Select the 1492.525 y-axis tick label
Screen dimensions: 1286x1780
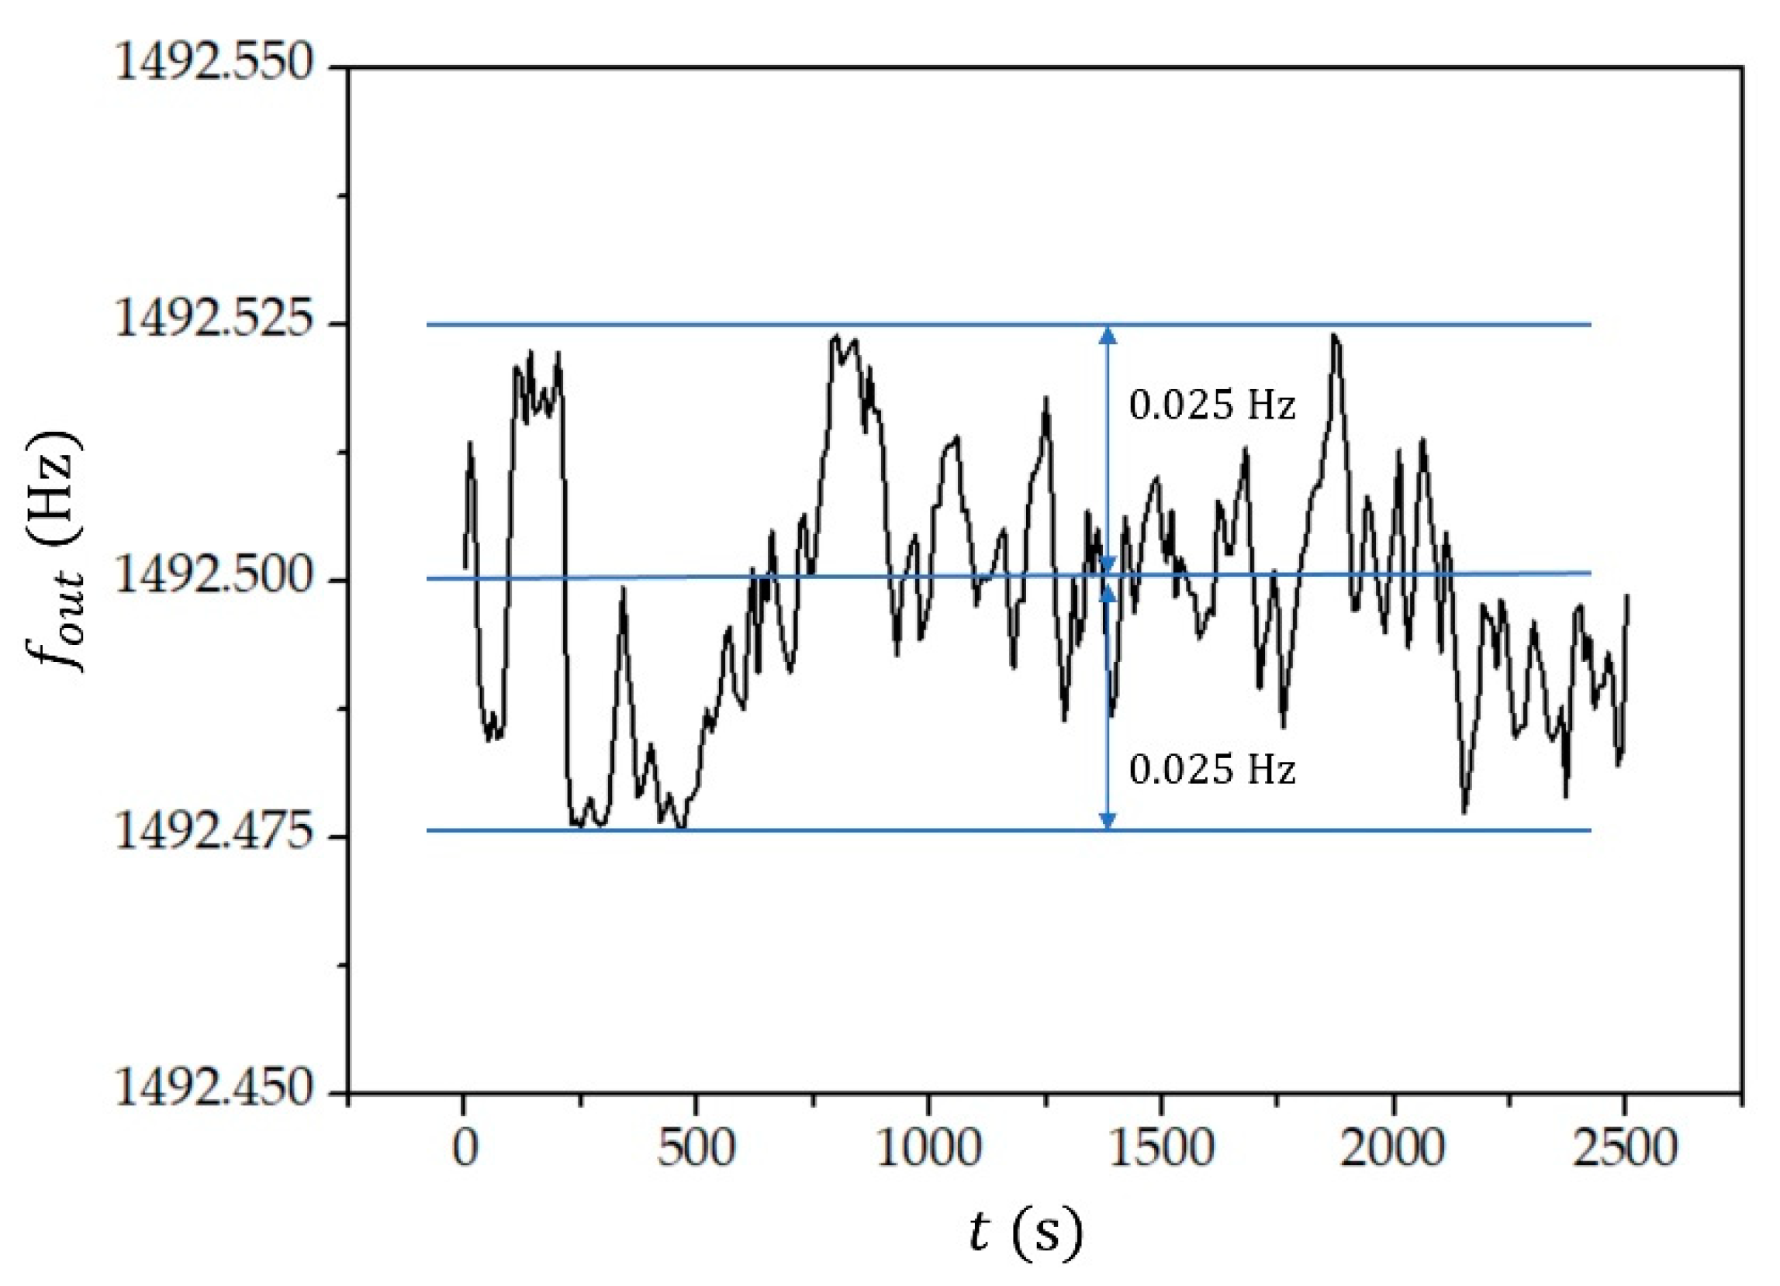214,321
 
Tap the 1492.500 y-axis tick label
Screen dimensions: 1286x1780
214,577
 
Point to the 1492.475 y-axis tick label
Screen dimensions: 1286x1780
214,834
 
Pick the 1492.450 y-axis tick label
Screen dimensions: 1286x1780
214,1090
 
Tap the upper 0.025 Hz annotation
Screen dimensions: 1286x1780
1211,406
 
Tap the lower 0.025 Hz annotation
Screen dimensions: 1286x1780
1211,771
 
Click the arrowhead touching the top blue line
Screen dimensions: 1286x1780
1108,336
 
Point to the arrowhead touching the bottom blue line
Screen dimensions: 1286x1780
1108,820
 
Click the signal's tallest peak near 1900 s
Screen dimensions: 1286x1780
1333,336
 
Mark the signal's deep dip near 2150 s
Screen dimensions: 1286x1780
1464,812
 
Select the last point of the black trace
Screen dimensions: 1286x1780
1628,596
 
